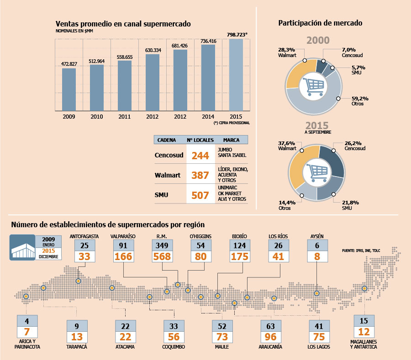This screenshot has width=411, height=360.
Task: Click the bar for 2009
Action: pos(69,89)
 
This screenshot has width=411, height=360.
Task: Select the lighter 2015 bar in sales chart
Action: pos(236,75)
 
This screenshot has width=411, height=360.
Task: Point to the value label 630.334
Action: pos(153,50)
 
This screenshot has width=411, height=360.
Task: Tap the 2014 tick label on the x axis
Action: pos(208,117)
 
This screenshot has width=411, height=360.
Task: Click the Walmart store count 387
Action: pos(200,175)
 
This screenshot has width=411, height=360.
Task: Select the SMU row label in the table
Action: pos(162,195)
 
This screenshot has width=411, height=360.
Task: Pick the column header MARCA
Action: pos(231,140)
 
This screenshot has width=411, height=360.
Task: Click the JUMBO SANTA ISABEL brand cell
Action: pos(232,152)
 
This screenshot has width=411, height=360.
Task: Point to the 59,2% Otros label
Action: pos(360,101)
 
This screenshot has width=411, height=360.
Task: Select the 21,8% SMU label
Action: pos(350,205)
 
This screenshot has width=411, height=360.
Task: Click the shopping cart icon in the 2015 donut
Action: pos(317,173)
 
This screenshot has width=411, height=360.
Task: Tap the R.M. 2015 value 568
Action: pos(162,256)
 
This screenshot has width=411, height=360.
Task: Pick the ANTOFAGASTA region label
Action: pos(84,236)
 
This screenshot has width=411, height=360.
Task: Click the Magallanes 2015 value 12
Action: pos(364,332)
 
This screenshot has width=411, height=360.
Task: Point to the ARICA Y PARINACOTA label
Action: pos(27,344)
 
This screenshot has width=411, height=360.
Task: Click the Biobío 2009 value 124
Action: pos(240,245)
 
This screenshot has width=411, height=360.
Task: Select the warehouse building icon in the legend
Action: pos(22,247)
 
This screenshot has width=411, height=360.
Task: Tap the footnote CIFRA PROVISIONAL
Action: pos(232,123)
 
